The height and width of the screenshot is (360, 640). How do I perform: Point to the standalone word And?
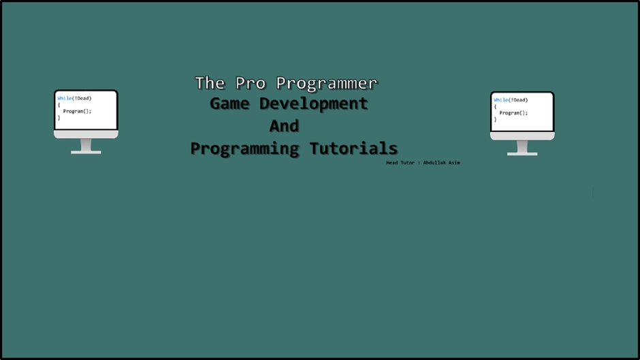284,126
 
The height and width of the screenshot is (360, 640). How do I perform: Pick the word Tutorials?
353,148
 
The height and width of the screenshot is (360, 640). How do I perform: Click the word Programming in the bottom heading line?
244,148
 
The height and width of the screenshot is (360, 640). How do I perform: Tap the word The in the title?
210,83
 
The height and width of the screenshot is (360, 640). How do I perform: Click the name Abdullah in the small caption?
434,163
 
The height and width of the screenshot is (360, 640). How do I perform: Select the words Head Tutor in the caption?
400,163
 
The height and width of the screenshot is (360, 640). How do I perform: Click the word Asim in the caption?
453,163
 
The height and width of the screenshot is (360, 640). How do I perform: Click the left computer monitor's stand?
86,146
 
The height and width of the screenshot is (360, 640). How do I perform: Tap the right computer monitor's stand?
522,148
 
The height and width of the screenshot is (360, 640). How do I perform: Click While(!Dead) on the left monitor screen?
74,98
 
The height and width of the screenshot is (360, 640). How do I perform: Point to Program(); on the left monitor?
77,111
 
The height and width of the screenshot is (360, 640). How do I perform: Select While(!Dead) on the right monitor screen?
511,100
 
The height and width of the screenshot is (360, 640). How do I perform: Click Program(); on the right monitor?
513,113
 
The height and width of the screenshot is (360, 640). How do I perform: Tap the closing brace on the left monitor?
59,118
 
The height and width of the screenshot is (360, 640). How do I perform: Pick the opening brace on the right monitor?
495,107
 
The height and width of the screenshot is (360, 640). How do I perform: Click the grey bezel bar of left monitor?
86,134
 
